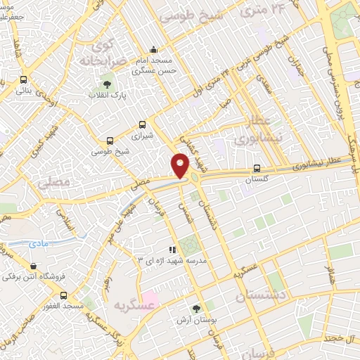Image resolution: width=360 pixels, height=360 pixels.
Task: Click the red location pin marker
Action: (180, 165)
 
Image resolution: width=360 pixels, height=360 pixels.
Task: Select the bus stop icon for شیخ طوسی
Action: (109, 141)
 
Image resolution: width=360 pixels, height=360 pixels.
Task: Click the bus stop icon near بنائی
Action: (24, 79)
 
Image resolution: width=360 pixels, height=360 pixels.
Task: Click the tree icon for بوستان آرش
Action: (196, 307)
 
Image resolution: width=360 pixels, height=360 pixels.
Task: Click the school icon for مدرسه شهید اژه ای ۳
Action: (172, 250)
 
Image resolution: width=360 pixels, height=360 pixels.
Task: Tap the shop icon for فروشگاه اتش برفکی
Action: (33, 266)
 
